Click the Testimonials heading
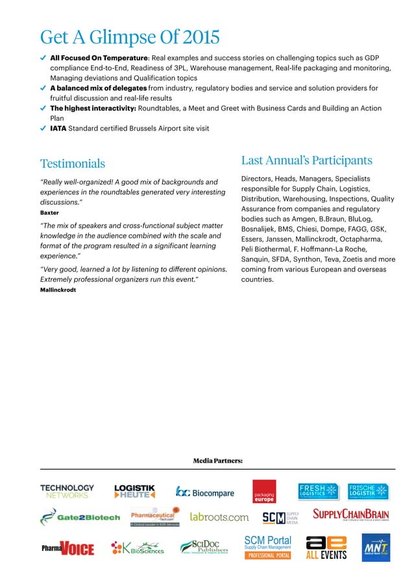(73, 163)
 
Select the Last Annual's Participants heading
(306, 160)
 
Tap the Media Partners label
(217, 461)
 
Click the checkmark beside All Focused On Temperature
(43, 58)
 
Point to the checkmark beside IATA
(43, 129)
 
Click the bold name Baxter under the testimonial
(49, 212)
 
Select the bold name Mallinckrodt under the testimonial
(58, 289)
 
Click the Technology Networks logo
(67, 491)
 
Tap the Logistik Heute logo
(134, 491)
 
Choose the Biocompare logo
(205, 492)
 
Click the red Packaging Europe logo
(264, 492)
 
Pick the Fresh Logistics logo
(319, 491)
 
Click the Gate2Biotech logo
(80, 517)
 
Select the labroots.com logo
(219, 517)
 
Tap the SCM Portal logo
(267, 546)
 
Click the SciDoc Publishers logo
(204, 547)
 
